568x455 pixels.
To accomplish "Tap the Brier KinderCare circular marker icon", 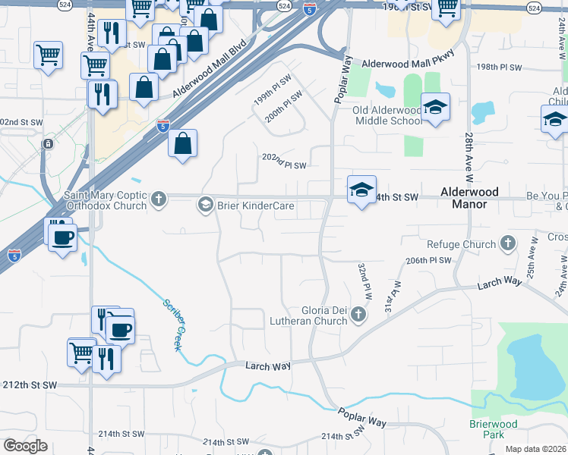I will coord(204,204).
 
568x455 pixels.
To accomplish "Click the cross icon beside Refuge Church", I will coord(508,244).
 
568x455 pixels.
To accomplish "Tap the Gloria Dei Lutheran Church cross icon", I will coord(359,315).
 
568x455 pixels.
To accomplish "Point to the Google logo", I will coord(25,446).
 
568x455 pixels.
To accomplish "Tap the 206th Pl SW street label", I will coord(428,260).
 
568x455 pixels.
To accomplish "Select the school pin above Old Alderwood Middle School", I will coord(435,108).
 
